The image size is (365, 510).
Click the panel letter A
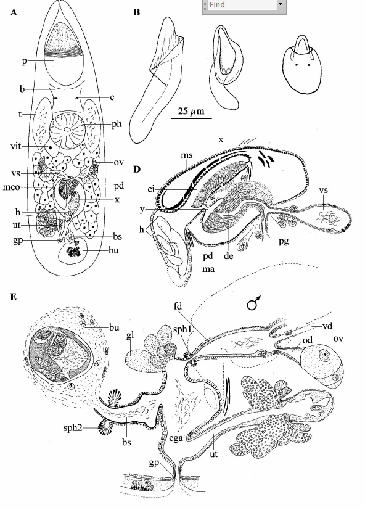coord(14,12)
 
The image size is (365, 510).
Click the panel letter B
coord(137,12)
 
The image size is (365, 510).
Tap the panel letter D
coord(137,169)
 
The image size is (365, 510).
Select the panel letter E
coord(14,297)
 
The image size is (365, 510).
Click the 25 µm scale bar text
coord(191,111)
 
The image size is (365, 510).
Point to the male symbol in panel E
coord(254,303)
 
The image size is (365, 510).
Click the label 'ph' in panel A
coord(117,124)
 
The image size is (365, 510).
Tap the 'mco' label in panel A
coord(11,187)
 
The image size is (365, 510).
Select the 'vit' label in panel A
coord(15,146)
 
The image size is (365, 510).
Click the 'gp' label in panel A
coord(17,241)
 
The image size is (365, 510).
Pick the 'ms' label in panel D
coord(187,155)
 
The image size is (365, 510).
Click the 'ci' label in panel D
coord(151,189)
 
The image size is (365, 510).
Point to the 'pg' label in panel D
coord(284,241)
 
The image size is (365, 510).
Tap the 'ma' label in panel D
coord(208,269)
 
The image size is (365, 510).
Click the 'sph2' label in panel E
coord(73,427)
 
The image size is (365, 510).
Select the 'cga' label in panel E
coord(176,438)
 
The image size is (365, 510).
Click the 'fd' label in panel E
coord(178,306)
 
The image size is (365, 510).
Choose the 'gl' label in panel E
coord(130,335)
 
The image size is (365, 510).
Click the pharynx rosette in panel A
coord(67,130)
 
